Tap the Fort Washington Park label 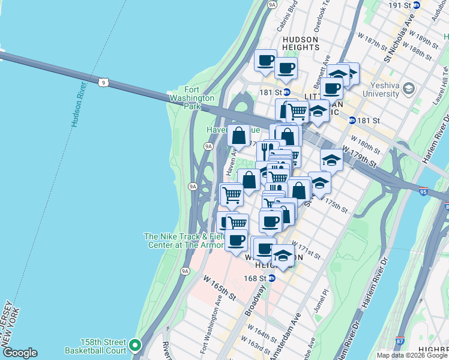[200, 98]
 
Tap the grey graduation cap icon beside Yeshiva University [409, 88]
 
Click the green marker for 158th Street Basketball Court [136, 345]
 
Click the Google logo [20, 353]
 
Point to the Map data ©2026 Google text [411, 355]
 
